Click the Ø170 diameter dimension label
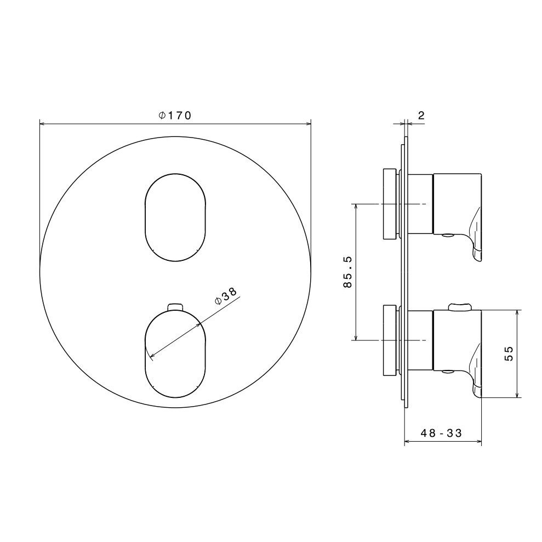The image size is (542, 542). (175, 116)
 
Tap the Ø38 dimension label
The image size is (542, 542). (226, 296)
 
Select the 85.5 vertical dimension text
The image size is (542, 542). (347, 272)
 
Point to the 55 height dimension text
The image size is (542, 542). (509, 353)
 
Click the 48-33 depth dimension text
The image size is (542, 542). (441, 433)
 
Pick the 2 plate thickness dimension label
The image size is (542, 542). (421, 116)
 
